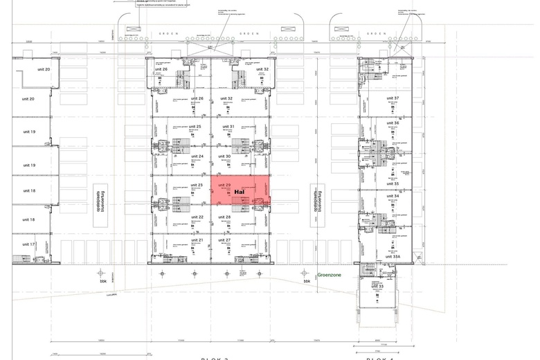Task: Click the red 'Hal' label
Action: (240, 192)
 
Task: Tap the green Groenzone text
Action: (329, 275)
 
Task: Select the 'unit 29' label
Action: (224, 186)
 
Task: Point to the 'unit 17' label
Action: (28, 244)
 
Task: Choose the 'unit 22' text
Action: (196, 217)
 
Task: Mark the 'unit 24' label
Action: (196, 156)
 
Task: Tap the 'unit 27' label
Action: (224, 240)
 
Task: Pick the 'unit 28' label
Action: (224, 217)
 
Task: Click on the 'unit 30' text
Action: (224, 156)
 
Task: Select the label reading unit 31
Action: (228, 127)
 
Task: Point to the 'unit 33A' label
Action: (393, 256)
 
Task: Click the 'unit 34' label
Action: (393, 196)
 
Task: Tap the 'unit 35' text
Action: (393, 183)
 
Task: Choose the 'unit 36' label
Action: (393, 123)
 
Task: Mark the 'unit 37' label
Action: (393, 98)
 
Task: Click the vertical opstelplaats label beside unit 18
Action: (98, 200)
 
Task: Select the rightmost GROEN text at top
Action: (377, 33)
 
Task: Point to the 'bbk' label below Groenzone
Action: (306, 282)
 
